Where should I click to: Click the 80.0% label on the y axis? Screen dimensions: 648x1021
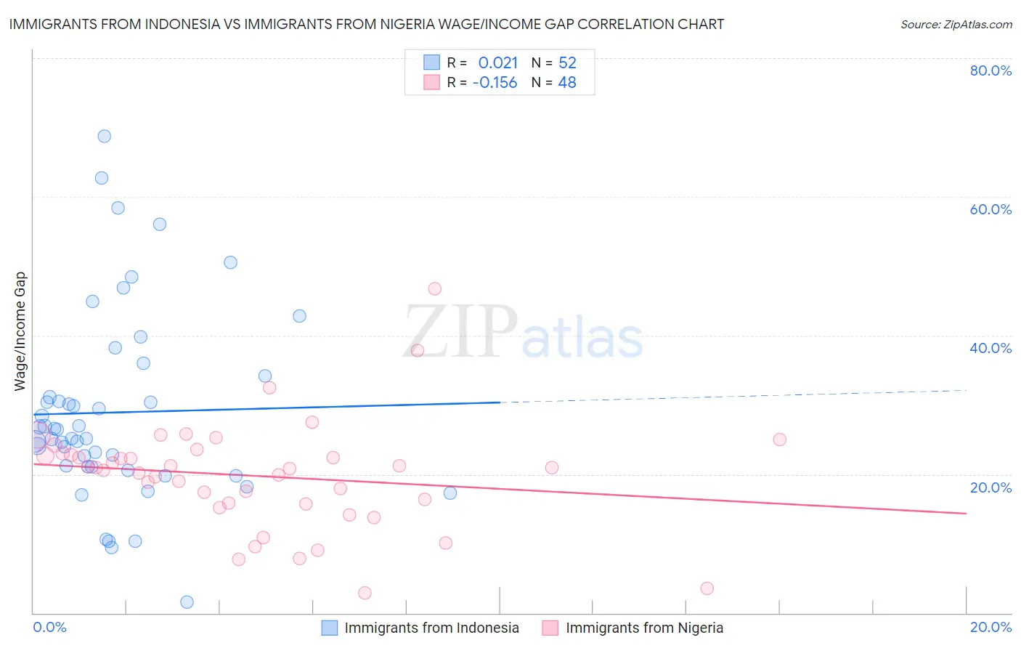tap(991, 70)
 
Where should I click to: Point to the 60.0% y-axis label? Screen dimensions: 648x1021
tap(991, 209)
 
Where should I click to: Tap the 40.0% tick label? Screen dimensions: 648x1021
tap(991, 348)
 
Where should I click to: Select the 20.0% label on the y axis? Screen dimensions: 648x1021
tap(991, 487)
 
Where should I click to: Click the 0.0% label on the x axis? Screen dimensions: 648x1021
tap(49, 627)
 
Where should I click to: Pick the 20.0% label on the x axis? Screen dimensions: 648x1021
tap(991, 627)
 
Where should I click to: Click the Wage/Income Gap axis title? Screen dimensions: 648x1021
tap(20, 331)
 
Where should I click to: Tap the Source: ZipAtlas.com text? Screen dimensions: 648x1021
tap(956, 25)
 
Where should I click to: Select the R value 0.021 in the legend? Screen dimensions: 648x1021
tap(497, 63)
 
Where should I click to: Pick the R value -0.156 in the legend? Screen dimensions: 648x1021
tap(495, 83)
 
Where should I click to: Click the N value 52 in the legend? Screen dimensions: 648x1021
tap(567, 63)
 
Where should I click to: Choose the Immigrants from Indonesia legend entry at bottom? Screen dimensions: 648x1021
tap(431, 628)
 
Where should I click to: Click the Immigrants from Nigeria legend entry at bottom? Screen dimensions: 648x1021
tap(644, 628)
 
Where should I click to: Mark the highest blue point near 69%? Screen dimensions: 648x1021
tap(105, 137)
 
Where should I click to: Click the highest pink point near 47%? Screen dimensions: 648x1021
tap(434, 289)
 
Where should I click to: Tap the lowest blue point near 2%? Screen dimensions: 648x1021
tap(187, 602)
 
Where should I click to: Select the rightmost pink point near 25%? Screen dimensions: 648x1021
tap(779, 440)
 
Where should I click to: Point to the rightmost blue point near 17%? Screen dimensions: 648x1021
tap(450, 493)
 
